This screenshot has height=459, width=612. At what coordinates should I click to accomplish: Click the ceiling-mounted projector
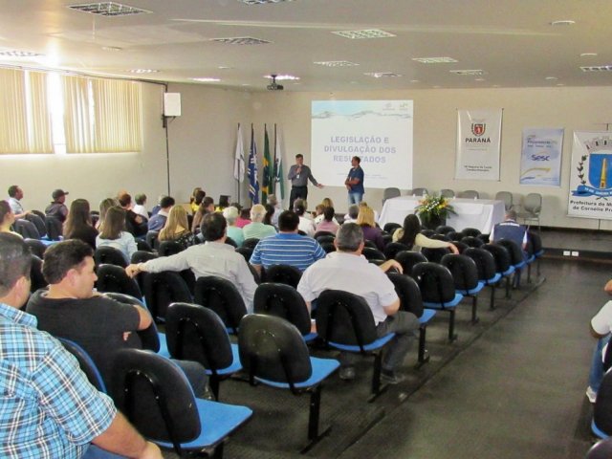coord(274,84)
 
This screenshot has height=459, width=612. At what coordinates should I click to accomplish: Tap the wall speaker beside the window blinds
coord(172,104)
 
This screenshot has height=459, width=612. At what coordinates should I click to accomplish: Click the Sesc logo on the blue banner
coord(541,157)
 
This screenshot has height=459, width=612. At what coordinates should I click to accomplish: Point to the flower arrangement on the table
coord(434,208)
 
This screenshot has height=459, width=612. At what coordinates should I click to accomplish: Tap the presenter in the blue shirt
coord(355,181)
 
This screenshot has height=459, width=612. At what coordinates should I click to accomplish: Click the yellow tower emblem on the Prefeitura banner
coord(601,172)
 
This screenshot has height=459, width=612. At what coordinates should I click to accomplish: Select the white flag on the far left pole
coord(239,158)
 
